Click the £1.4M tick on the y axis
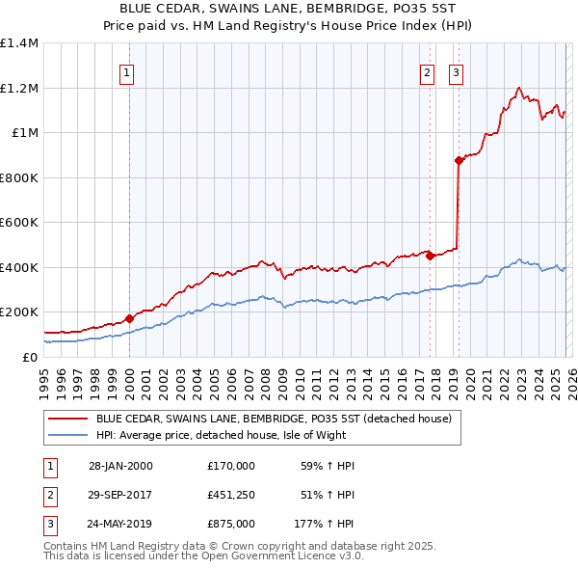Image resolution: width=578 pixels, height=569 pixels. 19,43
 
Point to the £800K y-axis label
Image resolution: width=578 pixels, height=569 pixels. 19,177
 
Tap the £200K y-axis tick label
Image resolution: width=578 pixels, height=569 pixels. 19,312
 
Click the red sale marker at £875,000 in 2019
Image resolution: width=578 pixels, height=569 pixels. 459,161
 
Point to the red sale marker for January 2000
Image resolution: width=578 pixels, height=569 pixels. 130,319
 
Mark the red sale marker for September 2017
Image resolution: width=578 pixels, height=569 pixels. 431,256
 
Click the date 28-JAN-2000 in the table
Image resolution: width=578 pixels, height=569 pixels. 119,465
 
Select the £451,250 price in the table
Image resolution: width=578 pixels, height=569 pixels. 230,495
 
